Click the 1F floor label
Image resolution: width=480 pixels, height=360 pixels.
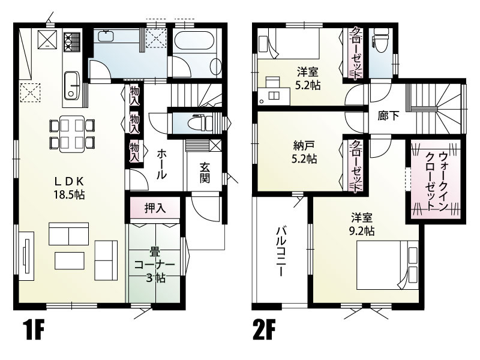click(34, 329)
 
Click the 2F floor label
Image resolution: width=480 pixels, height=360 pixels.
click(264, 329)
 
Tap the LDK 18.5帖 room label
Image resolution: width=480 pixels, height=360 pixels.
click(69, 188)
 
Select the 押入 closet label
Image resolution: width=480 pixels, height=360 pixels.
click(155, 208)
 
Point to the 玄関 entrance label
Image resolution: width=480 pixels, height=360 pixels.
click(205, 173)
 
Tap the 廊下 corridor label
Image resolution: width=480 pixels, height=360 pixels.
click(388, 116)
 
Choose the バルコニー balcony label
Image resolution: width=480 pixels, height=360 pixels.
click(281, 251)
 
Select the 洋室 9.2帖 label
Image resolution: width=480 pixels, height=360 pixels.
click(362, 224)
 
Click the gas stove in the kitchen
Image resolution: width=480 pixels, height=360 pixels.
click(72, 42)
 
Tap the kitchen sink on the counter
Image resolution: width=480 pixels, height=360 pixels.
click(72, 85)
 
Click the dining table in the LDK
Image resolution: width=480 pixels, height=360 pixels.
click(72, 134)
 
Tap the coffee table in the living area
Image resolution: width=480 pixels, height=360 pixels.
click(70, 260)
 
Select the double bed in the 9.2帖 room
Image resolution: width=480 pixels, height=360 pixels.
click(387, 265)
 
